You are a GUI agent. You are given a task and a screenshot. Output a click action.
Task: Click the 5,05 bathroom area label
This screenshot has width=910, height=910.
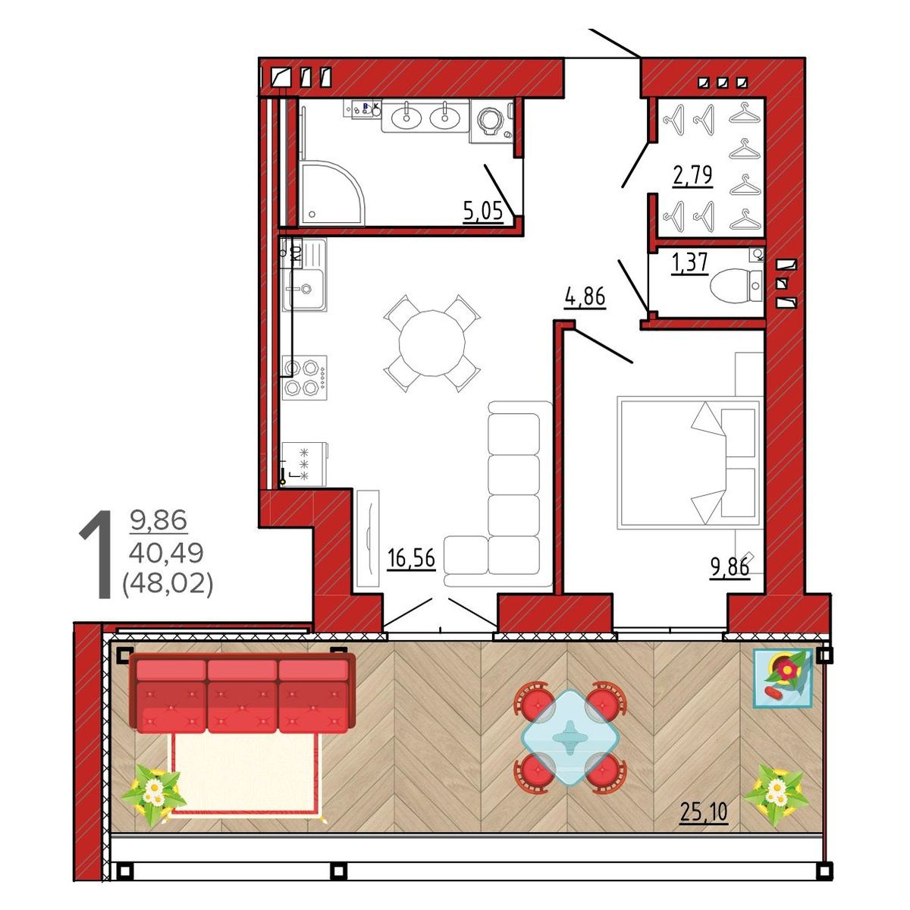(x=483, y=211)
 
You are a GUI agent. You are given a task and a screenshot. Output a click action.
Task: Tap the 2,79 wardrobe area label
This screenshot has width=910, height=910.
(x=693, y=175)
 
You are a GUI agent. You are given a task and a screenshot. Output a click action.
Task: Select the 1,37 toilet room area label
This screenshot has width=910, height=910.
(x=691, y=262)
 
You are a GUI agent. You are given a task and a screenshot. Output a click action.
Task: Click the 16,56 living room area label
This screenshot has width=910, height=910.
(x=411, y=558)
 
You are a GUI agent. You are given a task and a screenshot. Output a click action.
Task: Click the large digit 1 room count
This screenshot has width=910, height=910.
(x=97, y=554)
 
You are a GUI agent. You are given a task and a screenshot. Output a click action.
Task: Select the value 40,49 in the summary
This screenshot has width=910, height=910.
(x=166, y=553)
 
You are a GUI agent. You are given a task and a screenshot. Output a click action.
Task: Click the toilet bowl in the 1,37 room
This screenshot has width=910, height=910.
(x=730, y=285)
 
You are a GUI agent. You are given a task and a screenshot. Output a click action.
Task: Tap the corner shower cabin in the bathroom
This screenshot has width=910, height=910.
(x=333, y=193)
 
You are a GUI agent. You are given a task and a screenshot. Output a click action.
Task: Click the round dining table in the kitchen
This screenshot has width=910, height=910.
(x=432, y=344)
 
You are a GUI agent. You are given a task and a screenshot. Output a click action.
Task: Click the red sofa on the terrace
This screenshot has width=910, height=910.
(x=242, y=693)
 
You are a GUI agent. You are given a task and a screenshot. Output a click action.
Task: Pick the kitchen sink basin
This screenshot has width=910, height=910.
(x=304, y=289)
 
